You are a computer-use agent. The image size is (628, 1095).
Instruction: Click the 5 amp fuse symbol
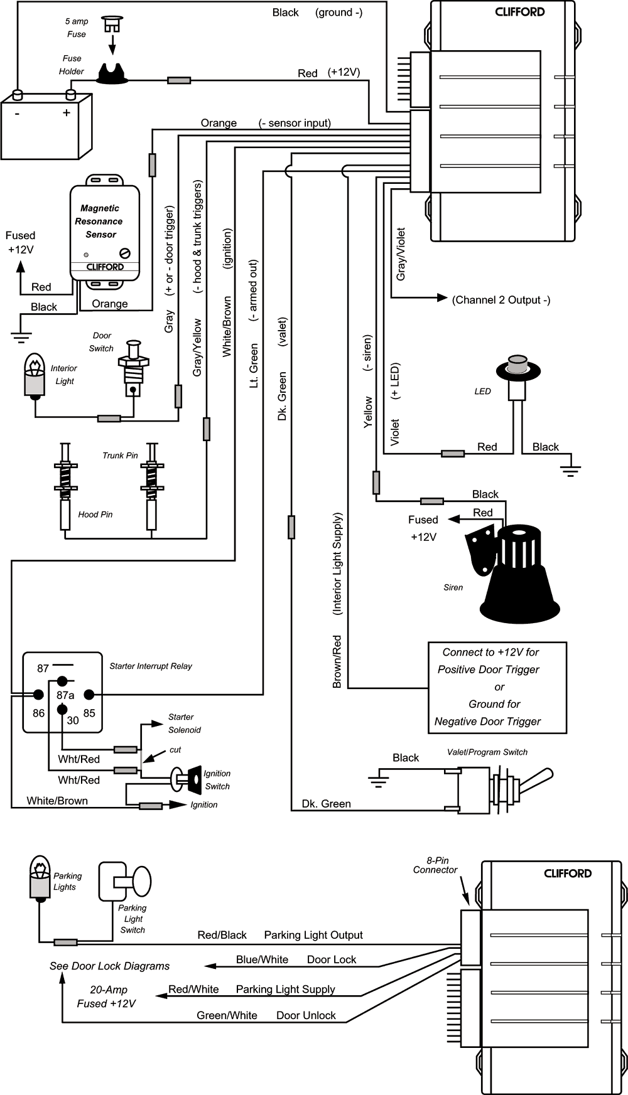coord(112,26)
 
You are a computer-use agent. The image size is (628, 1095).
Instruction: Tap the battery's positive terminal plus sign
coord(66,113)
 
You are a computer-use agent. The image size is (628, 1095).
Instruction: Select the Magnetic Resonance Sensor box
coord(104,232)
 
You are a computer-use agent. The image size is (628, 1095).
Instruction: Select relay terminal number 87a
coord(65,695)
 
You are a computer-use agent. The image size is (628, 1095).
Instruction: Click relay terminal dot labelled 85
coord(89,695)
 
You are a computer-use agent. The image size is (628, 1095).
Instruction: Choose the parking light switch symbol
coord(125,881)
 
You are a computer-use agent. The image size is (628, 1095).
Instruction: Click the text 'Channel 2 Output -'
coord(501,300)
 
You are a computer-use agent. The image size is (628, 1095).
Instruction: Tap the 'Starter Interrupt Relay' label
coord(151,666)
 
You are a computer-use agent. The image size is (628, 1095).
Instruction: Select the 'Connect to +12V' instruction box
coord(497,687)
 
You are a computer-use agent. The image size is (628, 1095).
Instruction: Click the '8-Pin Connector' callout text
coord(435,865)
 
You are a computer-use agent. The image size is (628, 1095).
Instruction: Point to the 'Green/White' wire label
coord(227,1015)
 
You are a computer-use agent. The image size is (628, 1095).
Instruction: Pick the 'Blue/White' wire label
coord(262,959)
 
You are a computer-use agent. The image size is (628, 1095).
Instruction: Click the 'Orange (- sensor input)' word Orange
coord(219,123)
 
